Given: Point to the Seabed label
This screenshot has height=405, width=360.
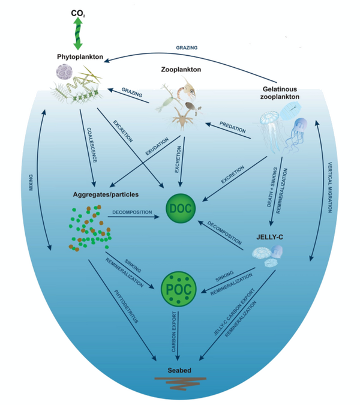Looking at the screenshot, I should (x=179, y=370).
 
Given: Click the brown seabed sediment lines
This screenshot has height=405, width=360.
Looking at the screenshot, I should (x=179, y=382).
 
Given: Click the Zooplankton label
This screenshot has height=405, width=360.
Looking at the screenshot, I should (x=181, y=70).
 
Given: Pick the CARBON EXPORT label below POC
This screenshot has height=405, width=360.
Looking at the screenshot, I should (x=173, y=333).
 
